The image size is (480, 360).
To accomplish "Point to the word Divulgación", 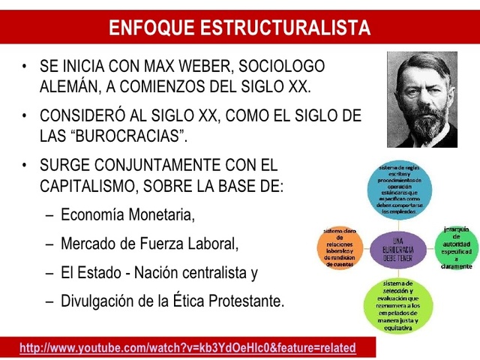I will pos(99,301).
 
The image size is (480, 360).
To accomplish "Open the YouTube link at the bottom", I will pos(187,348).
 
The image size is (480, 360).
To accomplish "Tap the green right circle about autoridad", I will pos(456,247).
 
